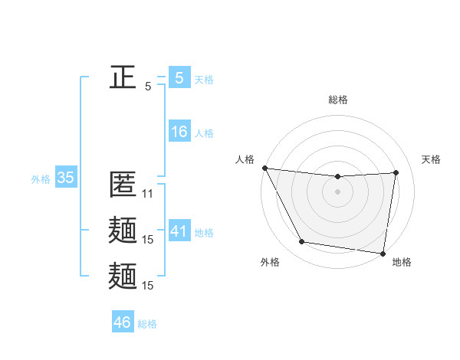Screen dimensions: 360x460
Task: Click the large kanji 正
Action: click(x=123, y=77)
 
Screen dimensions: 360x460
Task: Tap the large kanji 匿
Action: click(x=123, y=185)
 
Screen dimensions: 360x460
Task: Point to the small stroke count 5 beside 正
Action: click(x=148, y=87)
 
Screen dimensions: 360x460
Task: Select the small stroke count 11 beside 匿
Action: click(x=148, y=194)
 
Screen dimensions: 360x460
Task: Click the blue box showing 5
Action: click(x=179, y=77)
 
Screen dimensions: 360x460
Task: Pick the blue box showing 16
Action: click(x=179, y=132)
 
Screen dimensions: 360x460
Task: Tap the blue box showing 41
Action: click(x=179, y=231)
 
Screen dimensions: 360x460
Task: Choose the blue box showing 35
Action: click(x=65, y=178)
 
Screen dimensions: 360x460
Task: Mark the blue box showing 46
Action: click(x=123, y=322)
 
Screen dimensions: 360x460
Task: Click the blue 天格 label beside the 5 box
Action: click(x=205, y=80)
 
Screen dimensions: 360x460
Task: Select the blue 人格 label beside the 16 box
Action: click(x=205, y=133)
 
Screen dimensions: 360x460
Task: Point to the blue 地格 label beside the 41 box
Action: click(x=205, y=233)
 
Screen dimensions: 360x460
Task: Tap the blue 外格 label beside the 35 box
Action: click(x=41, y=180)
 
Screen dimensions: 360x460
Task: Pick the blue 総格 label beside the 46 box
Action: click(x=147, y=324)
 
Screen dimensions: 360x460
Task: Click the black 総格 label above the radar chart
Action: click(x=338, y=100)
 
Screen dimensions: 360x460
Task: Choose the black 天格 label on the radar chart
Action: click(x=431, y=159)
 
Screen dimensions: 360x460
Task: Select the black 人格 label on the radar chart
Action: click(x=245, y=159)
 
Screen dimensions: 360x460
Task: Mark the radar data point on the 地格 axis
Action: click(x=383, y=253)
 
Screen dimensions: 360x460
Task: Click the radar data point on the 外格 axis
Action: click(x=302, y=243)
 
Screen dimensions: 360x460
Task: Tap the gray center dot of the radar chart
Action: click(x=338, y=191)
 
